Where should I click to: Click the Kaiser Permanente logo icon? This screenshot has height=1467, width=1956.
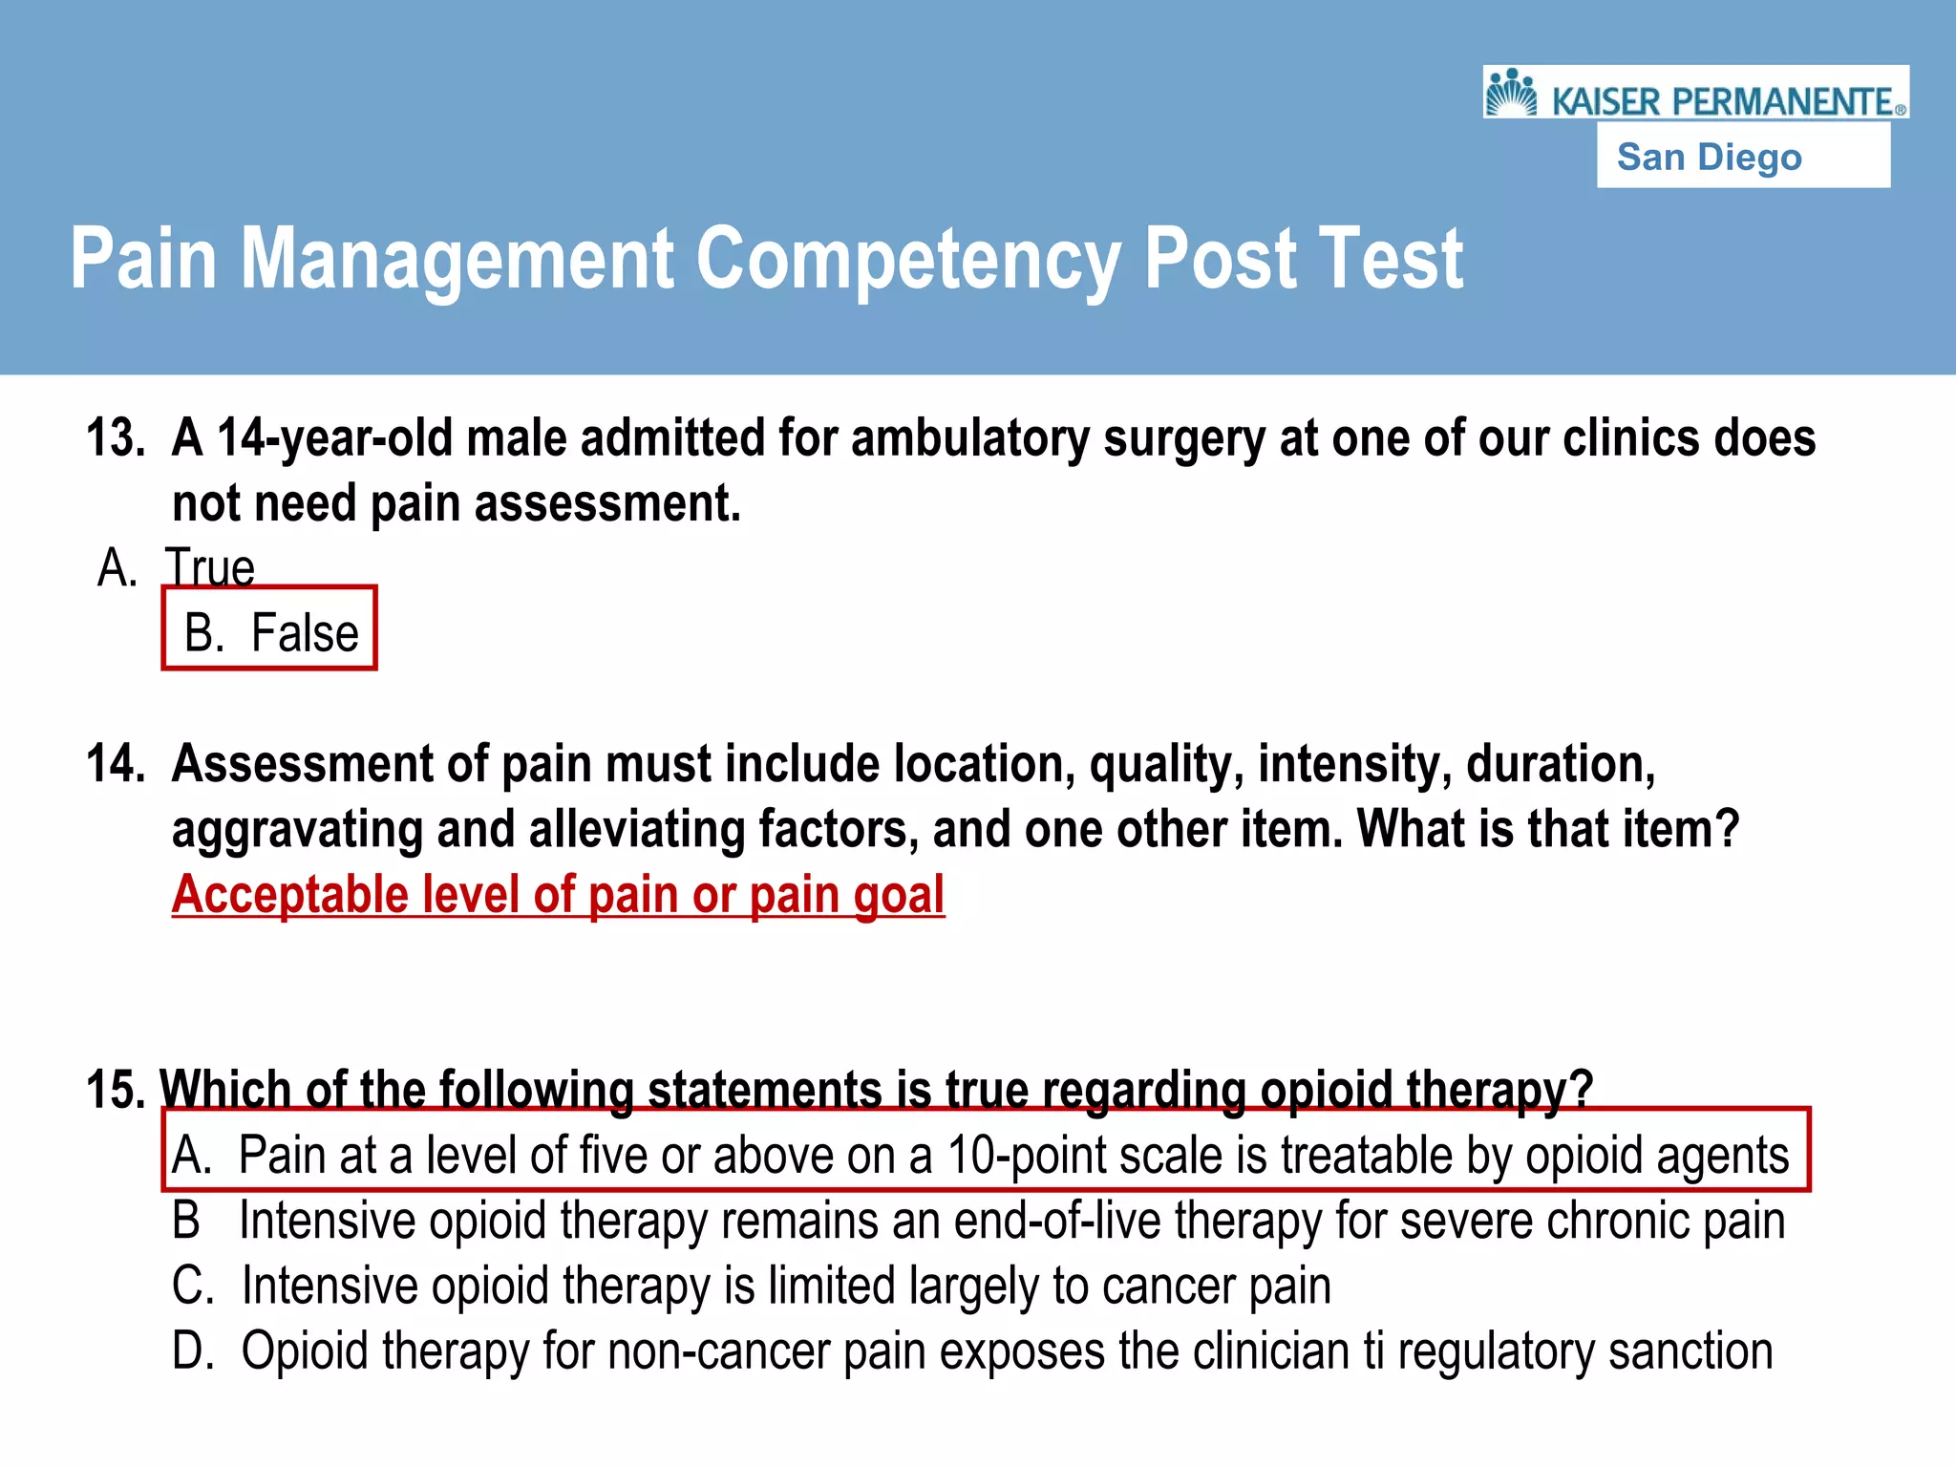(x=1512, y=93)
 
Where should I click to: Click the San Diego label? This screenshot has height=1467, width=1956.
(x=1709, y=157)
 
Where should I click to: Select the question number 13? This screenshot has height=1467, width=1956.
(x=116, y=438)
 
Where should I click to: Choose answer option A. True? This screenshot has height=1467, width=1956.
(x=177, y=567)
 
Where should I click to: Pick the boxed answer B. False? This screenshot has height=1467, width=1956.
(x=270, y=631)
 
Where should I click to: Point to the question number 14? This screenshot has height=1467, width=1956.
(x=116, y=764)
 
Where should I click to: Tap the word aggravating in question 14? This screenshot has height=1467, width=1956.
(x=297, y=829)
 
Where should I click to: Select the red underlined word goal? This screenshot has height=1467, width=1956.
(x=898, y=895)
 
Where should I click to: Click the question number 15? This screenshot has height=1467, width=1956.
(x=115, y=1090)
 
